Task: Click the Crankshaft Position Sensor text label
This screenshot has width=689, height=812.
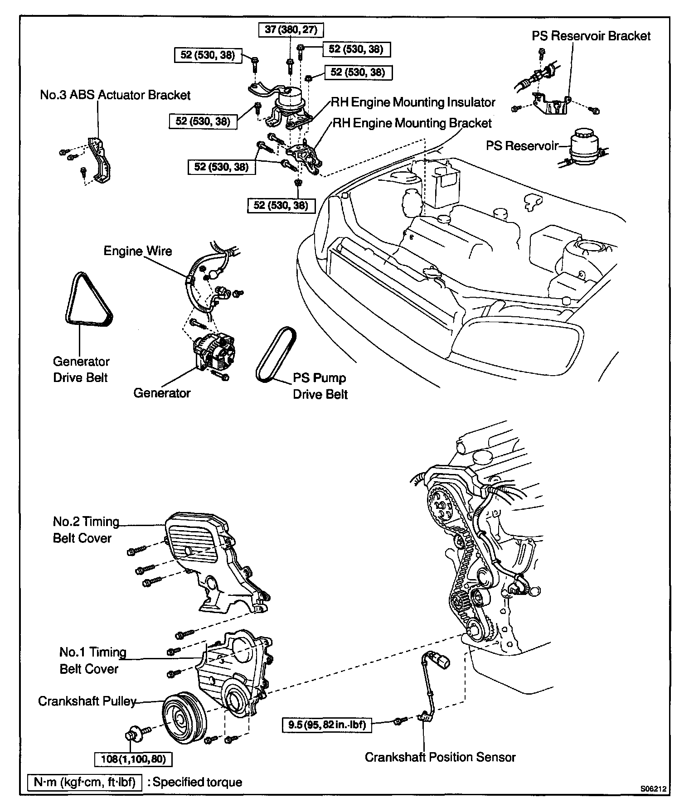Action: point(440,757)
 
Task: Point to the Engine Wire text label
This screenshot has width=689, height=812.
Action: point(138,251)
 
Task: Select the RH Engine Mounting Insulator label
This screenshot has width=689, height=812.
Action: point(413,102)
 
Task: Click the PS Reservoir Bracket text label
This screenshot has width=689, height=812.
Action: point(591,36)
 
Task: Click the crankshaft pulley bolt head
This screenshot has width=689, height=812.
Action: point(133,733)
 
